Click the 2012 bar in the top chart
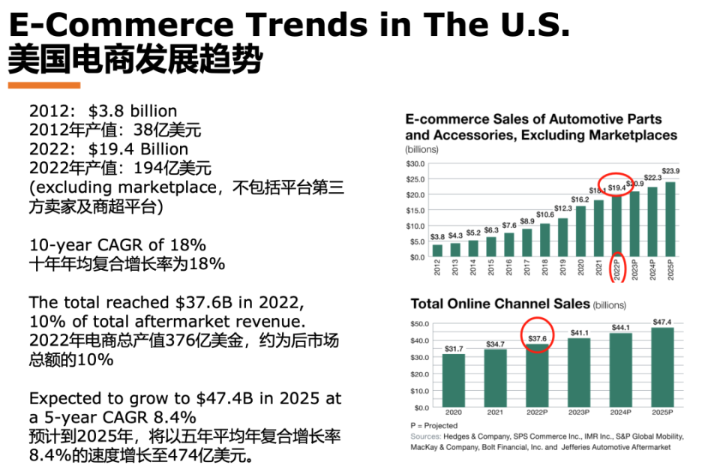437,250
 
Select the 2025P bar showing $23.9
670,219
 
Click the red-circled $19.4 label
616,187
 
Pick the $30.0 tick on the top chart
415,163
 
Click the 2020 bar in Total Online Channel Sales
453,380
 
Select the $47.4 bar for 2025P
663,367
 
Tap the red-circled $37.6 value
537,338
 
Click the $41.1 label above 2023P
579,332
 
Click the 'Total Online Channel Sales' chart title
499,304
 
